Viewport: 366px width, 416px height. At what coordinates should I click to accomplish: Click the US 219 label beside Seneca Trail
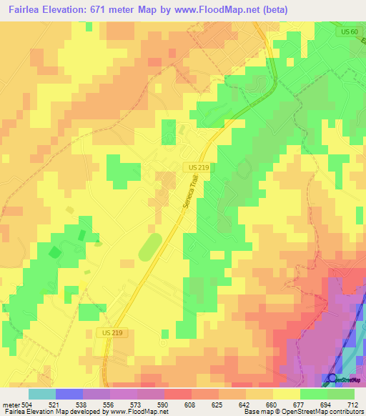click(x=199, y=167)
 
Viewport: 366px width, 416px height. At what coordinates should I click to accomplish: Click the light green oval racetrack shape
click(x=150, y=248)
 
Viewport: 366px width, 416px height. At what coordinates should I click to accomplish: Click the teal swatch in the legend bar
click(x=42, y=394)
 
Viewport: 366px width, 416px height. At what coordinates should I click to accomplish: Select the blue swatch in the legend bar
click(x=69, y=394)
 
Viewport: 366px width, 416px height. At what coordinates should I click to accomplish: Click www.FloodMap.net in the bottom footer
click(x=137, y=412)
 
